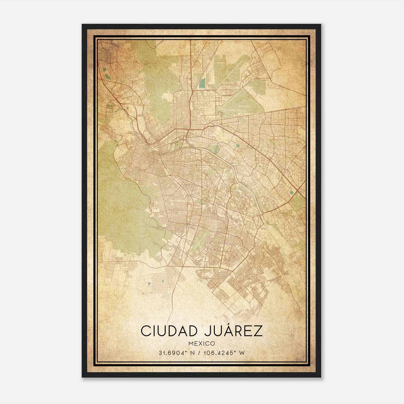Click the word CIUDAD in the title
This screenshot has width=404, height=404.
point(169,331)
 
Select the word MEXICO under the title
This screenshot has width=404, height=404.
point(201,343)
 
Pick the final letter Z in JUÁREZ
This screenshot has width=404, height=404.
point(258,331)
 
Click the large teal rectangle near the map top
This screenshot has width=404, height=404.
point(202,83)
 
